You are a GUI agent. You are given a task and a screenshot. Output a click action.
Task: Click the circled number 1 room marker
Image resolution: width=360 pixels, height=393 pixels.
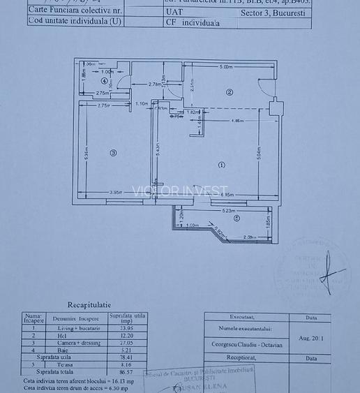pyautogui.click(x=222, y=165)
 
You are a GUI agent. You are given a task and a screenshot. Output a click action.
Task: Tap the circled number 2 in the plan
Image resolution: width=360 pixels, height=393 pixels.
pyautogui.click(x=229, y=92)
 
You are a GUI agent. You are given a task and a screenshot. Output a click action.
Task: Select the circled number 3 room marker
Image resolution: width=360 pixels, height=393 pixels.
pyautogui.click(x=113, y=153)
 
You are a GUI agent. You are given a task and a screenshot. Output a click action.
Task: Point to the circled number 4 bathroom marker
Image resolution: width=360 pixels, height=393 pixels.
pyautogui.click(x=104, y=80)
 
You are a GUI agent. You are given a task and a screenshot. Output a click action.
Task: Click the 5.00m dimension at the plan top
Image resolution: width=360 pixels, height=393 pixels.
pyautogui.click(x=225, y=67)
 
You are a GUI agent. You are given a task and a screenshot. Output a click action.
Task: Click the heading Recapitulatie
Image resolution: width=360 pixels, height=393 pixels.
pyautogui.click(x=89, y=304)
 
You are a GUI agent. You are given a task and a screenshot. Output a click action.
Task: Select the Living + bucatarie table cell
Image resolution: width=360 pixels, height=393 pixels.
pyautogui.click(x=77, y=327)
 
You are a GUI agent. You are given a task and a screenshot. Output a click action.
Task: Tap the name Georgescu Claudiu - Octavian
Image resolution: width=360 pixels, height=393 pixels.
pyautogui.click(x=247, y=344)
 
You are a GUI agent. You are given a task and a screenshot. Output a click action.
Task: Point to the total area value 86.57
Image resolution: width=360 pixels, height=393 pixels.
pyautogui.click(x=127, y=371)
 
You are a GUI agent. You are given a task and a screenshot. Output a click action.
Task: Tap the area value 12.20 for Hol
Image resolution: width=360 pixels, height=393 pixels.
pyautogui.click(x=127, y=335)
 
